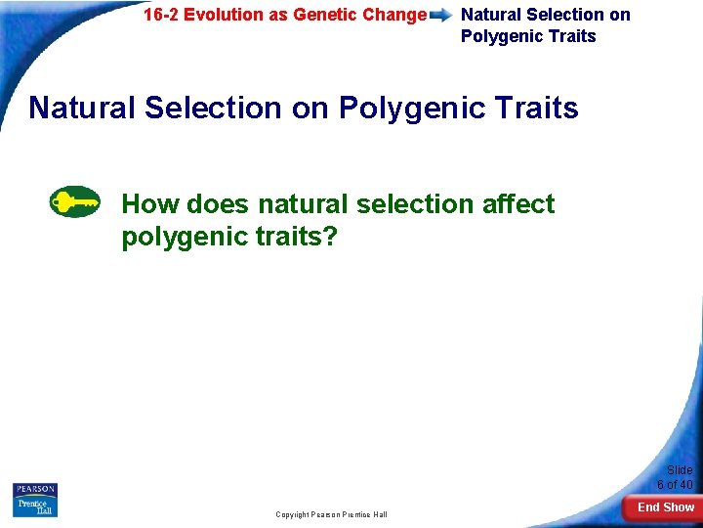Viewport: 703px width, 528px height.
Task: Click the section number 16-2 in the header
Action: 161,15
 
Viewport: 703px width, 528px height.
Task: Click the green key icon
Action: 74,201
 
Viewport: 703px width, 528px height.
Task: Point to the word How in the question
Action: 150,203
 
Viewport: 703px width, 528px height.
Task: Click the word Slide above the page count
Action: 680,470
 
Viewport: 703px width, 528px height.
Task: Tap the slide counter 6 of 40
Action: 675,484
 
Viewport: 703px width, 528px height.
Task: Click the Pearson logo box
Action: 35,489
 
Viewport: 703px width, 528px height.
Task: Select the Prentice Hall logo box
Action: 35,507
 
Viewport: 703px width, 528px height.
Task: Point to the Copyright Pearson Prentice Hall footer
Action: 331,514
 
